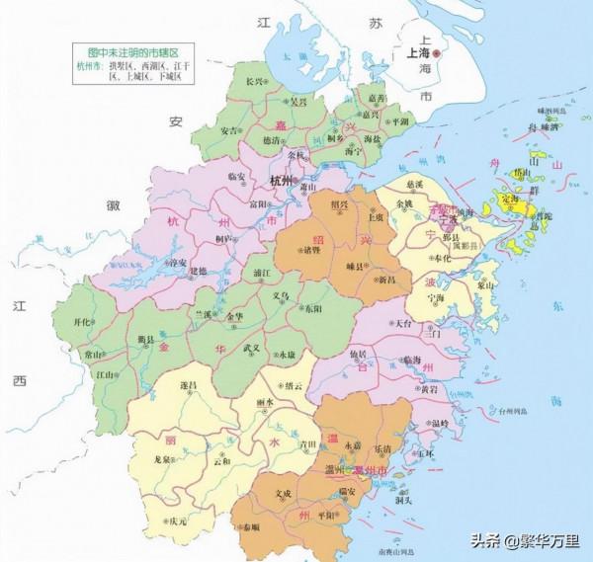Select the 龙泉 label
coord(166,459)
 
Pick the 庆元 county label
coord(177,521)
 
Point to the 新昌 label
coord(384,281)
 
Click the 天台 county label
coord(404,323)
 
